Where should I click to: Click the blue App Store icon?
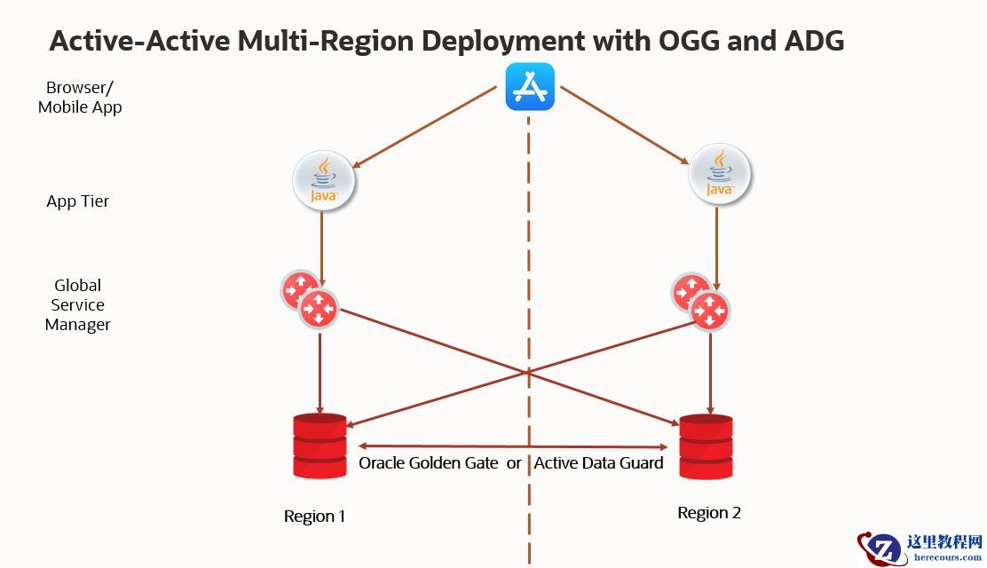pyautogui.click(x=530, y=87)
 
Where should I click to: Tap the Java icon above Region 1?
pyautogui.click(x=324, y=181)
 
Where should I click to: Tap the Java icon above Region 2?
pyautogui.click(x=720, y=175)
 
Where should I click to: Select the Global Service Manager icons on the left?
pyautogui.click(x=308, y=300)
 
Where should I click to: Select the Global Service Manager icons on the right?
pyautogui.click(x=701, y=300)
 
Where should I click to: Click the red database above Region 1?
pyautogui.click(x=320, y=446)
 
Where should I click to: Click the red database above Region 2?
pyautogui.click(x=707, y=446)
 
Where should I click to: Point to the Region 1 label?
pyautogui.click(x=315, y=517)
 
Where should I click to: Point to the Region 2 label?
pyautogui.click(x=708, y=513)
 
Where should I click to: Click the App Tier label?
pyautogui.click(x=78, y=201)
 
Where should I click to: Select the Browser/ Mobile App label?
pyautogui.click(x=80, y=98)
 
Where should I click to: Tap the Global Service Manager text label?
pyautogui.click(x=78, y=304)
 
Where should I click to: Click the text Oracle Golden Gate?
pyautogui.click(x=428, y=463)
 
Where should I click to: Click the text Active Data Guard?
pyautogui.click(x=599, y=463)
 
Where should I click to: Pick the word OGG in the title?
pyautogui.click(x=678, y=40)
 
